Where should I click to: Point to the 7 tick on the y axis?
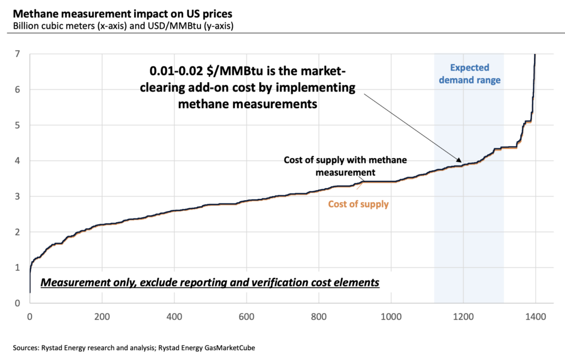coord(18,54)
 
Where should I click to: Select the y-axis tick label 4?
coord(18,161)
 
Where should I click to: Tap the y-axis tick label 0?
coord(18,303)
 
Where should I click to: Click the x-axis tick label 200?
coord(102,317)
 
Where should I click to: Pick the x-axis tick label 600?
coord(247,317)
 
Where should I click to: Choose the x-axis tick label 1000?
coord(391,317)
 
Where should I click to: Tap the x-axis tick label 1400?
coord(535,317)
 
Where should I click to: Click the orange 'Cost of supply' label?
coord(358,204)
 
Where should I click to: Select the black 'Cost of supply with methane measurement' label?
coord(345,166)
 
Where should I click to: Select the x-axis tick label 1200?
coord(463,317)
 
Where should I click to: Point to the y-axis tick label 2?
coord(18,232)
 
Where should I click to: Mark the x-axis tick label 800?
coord(318,317)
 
